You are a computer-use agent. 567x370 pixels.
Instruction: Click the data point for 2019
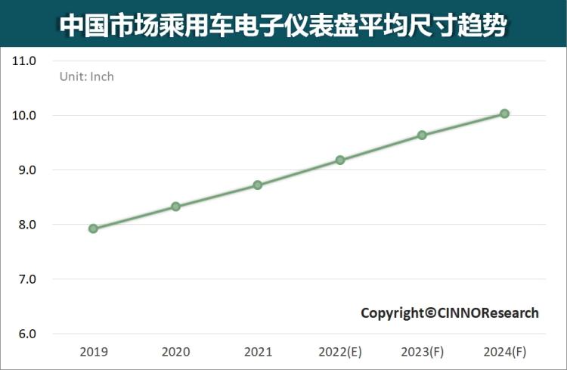point(93,229)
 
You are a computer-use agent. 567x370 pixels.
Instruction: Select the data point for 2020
point(175,207)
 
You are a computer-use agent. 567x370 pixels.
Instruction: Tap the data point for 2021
point(258,185)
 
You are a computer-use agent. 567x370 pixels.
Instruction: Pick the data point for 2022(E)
point(340,160)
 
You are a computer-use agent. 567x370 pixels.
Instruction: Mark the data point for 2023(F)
point(422,135)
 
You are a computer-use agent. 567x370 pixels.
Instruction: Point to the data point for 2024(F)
point(504,113)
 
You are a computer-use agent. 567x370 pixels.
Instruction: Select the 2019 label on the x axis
point(93,352)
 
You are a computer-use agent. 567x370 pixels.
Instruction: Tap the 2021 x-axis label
point(258,352)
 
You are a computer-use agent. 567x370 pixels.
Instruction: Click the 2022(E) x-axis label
point(340,352)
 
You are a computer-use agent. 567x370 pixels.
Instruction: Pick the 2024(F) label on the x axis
point(504,352)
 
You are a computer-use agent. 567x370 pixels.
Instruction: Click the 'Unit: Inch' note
point(87,76)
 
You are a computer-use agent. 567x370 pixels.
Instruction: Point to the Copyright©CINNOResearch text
point(449,312)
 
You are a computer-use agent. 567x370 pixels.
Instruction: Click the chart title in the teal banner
point(283,24)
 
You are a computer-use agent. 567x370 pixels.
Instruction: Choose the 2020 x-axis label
point(175,352)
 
